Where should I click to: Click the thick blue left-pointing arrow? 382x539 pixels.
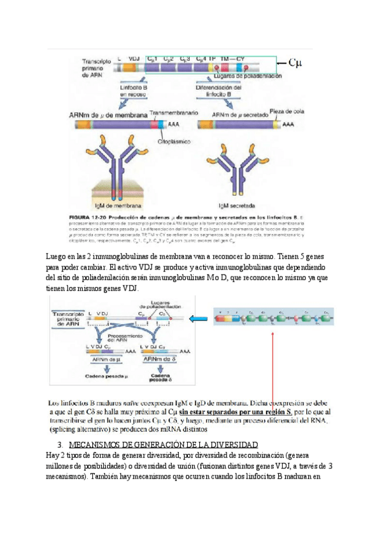pyautogui.click(x=206, y=319)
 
